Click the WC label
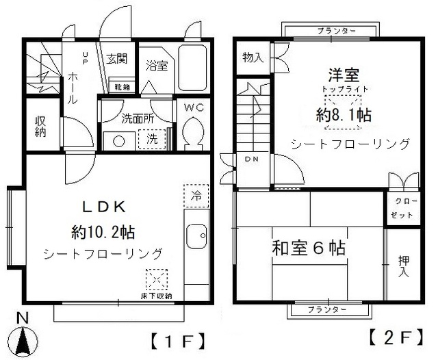click(x=194, y=107)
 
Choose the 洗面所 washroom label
click(x=137, y=117)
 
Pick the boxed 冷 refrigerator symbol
click(x=196, y=195)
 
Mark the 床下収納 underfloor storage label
click(x=157, y=296)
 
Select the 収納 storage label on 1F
click(x=40, y=125)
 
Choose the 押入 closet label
click(x=404, y=266)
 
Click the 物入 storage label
click(x=253, y=58)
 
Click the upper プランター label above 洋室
click(x=337, y=31)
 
